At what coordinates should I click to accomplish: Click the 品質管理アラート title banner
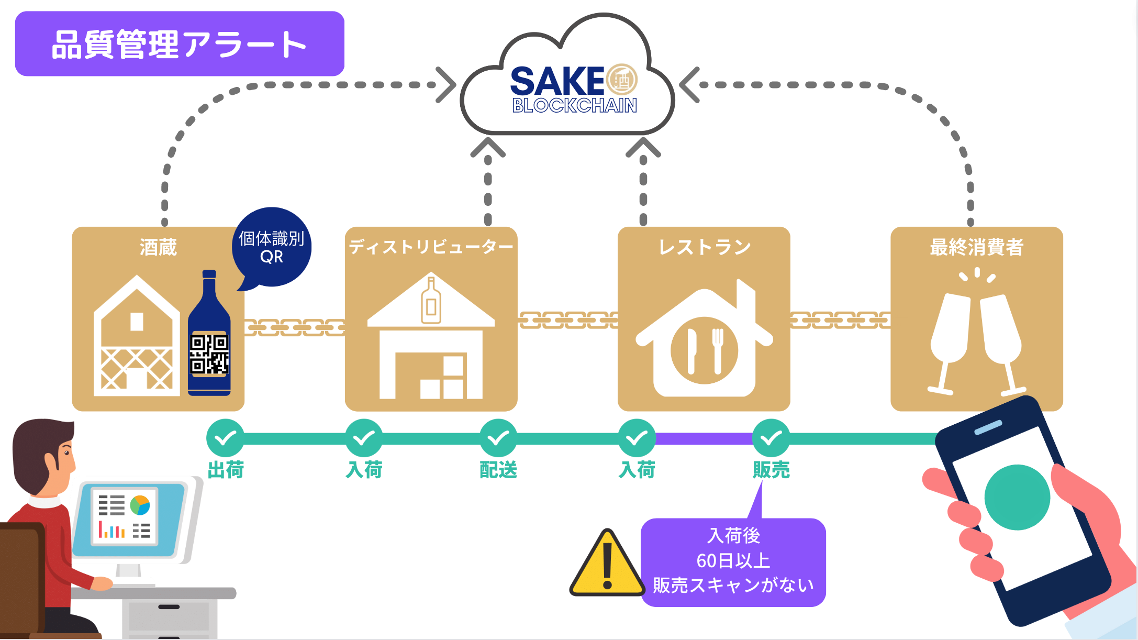click(x=180, y=44)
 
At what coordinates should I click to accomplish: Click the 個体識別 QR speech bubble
click(x=272, y=247)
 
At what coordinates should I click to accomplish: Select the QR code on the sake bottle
click(x=209, y=355)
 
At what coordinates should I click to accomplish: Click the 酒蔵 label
click(x=158, y=247)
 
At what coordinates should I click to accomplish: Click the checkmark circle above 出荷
click(x=225, y=438)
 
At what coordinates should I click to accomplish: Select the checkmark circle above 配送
click(x=498, y=438)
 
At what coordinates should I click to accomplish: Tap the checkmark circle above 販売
click(x=771, y=438)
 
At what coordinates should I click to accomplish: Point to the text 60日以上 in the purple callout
click(x=733, y=561)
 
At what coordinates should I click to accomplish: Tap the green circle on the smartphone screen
click(x=1017, y=498)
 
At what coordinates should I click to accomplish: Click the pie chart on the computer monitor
click(x=140, y=505)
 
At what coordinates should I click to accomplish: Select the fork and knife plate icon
click(x=704, y=350)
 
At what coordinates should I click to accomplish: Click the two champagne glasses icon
click(x=976, y=340)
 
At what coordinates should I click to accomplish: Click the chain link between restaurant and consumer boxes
click(x=840, y=320)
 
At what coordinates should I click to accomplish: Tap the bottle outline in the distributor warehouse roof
click(x=431, y=301)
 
